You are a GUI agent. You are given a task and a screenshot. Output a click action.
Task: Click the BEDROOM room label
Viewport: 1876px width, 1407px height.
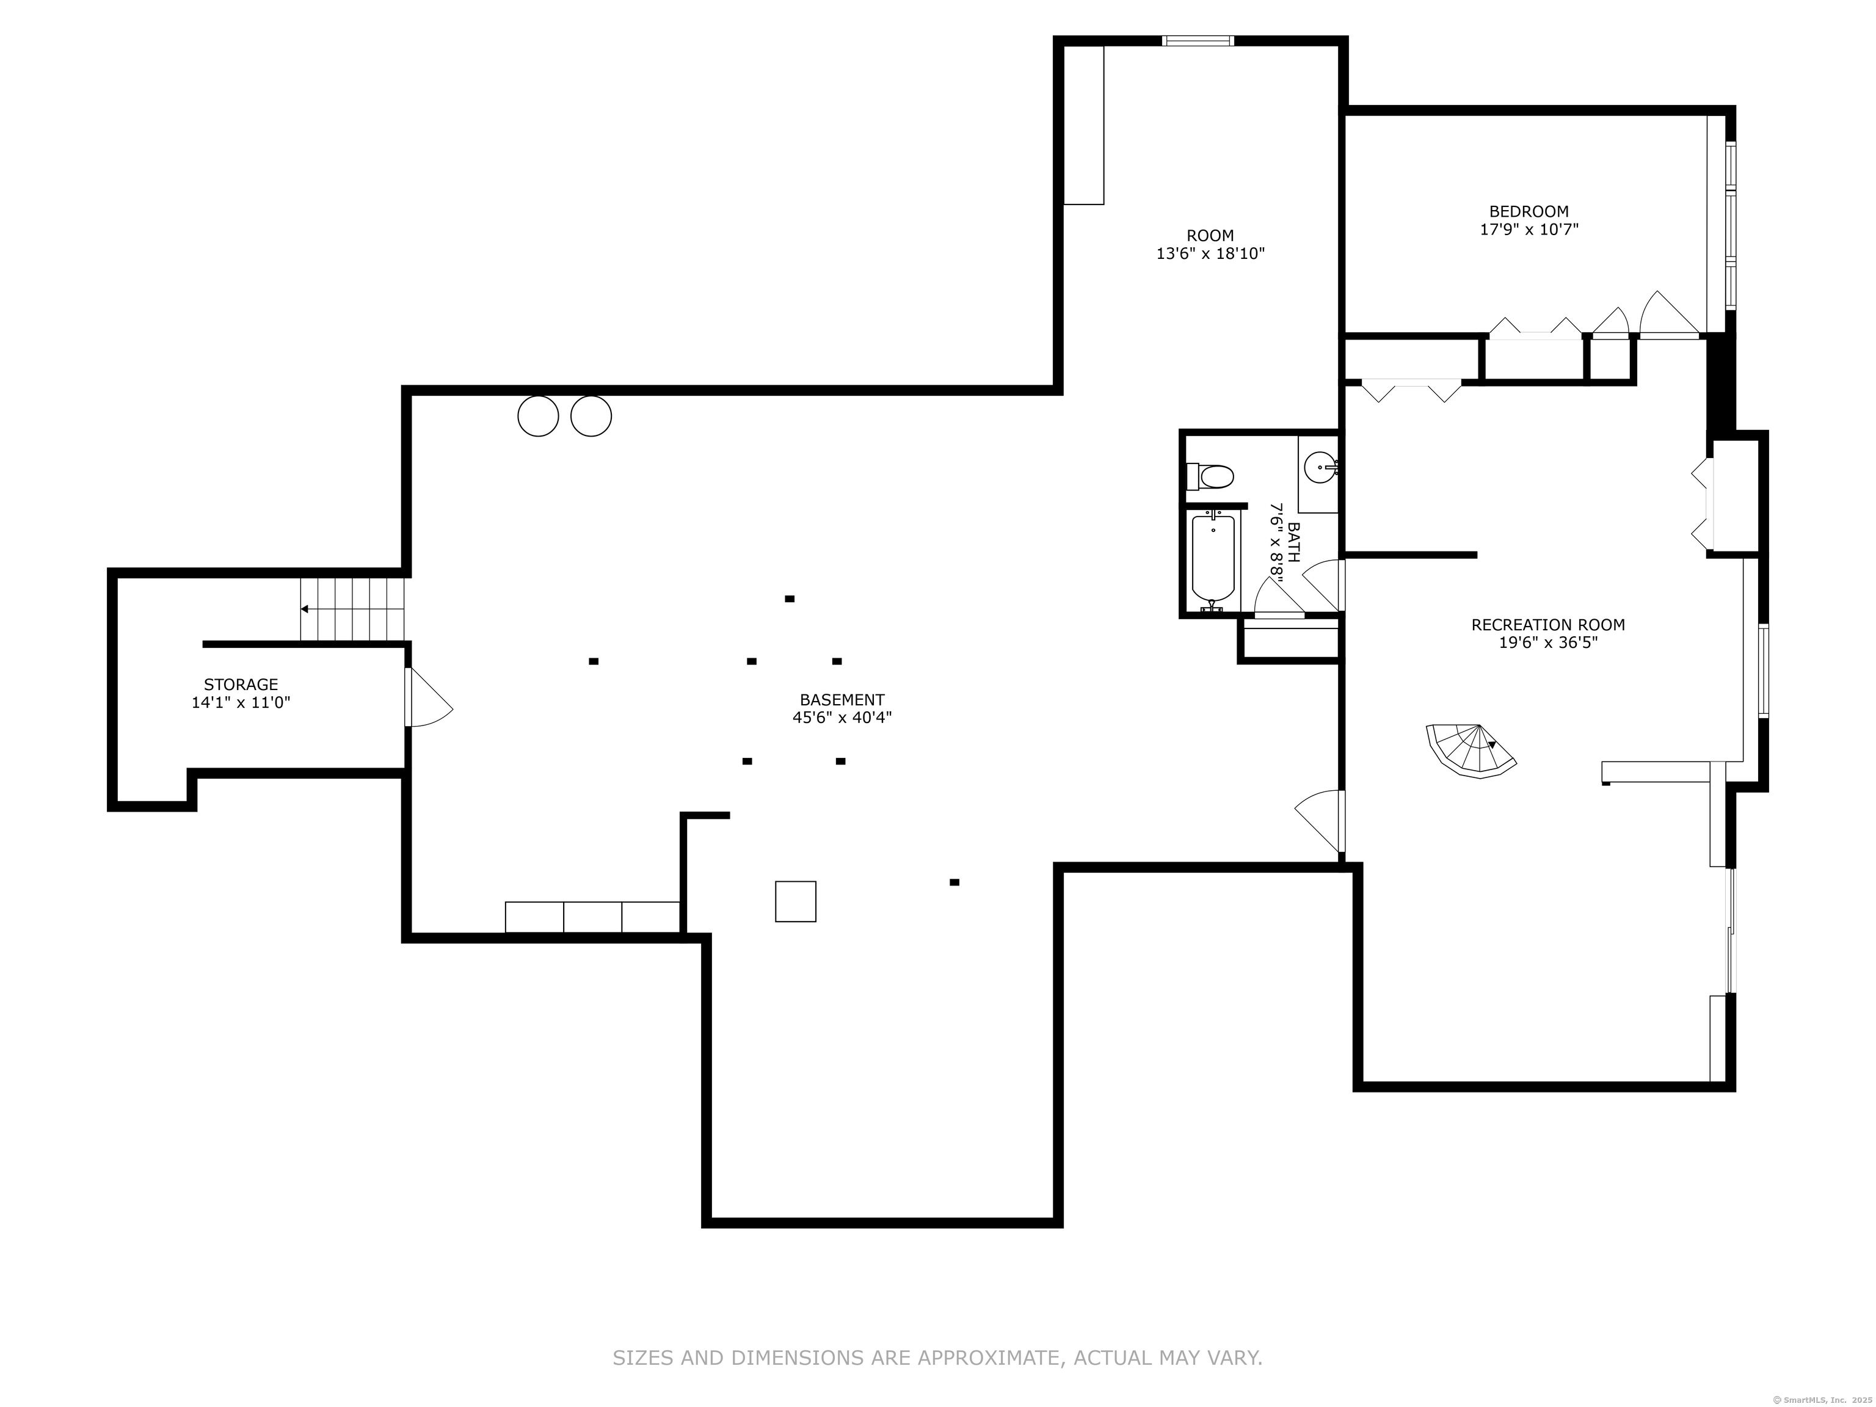[1529, 211]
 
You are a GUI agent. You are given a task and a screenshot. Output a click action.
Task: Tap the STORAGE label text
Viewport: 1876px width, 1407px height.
[241, 685]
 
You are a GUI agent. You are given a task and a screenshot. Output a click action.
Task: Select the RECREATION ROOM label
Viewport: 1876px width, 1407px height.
[1548, 625]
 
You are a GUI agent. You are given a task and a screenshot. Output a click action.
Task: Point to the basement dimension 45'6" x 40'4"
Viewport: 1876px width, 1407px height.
[842, 718]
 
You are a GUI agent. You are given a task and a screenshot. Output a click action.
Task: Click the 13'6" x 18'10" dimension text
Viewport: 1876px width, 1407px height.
[1210, 253]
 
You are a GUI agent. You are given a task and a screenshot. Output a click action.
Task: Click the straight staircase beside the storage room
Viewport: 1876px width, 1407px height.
[352, 609]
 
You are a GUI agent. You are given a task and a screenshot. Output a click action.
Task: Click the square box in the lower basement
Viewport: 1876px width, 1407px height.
[796, 901]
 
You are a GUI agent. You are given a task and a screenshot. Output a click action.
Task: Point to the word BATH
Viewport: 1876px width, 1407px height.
[1293, 541]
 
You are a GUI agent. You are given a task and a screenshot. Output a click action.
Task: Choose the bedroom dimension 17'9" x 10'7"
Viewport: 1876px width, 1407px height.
[1529, 230]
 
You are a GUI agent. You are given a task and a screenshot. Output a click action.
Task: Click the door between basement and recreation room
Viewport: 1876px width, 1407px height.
[1320, 821]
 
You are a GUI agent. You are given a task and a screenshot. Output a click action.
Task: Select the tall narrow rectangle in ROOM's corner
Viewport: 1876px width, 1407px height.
[1084, 125]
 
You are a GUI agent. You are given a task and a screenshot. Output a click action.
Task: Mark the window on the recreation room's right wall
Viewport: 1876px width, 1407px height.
[1764, 671]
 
